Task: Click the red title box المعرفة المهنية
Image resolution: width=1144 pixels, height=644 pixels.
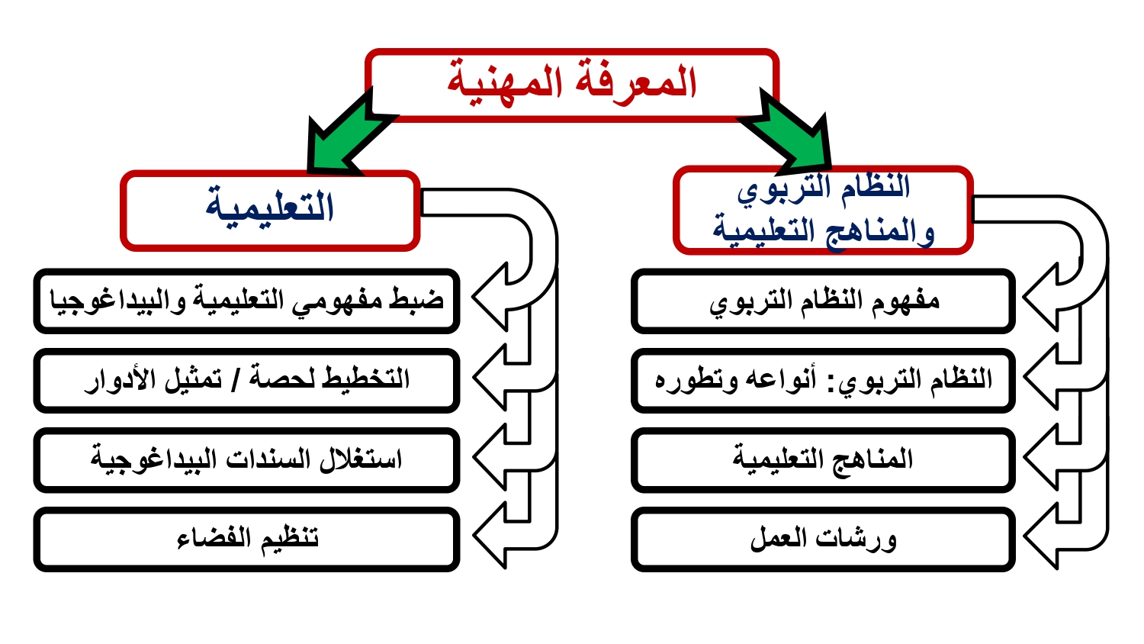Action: tap(572, 85)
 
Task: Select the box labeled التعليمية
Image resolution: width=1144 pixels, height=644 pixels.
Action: tap(270, 211)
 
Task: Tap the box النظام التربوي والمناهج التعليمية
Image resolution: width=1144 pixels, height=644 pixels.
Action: tap(823, 210)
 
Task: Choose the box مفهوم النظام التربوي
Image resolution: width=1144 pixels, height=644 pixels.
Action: tap(823, 301)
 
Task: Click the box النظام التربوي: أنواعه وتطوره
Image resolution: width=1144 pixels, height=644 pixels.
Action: tap(823, 380)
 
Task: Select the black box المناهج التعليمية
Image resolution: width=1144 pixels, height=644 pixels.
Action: tap(823, 460)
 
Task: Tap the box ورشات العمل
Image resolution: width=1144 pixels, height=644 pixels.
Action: tap(823, 539)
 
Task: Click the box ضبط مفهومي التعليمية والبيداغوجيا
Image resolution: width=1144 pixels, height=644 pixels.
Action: tap(246, 301)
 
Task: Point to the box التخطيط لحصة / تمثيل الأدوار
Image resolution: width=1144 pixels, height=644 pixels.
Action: tap(246, 380)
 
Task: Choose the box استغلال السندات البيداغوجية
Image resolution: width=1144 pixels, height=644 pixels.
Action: tap(246, 460)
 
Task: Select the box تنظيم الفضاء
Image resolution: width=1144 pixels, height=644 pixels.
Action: tap(246, 539)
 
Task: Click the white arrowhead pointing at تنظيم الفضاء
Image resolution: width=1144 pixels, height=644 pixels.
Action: tap(490, 535)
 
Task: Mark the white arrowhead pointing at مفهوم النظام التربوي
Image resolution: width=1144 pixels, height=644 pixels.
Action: tap(1042, 297)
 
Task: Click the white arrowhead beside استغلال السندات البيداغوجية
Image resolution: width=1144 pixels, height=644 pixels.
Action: tap(490, 456)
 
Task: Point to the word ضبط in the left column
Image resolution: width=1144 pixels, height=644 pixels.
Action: tap(416, 299)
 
